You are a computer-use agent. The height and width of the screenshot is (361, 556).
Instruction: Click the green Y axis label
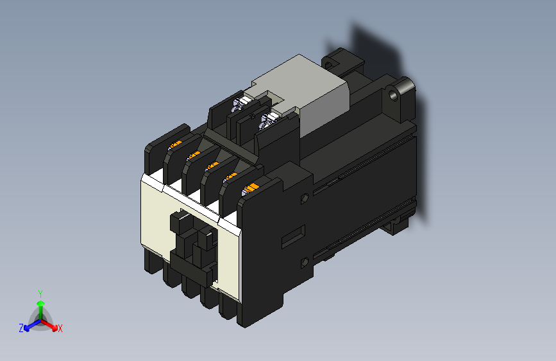[x=40, y=293]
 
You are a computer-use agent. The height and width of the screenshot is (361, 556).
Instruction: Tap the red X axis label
[x=60, y=329]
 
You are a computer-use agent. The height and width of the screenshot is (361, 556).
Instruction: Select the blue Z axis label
[x=21, y=328]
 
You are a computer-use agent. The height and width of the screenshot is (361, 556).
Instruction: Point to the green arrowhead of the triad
[x=40, y=302]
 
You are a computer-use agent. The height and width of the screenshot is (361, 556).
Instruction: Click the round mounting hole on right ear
[x=394, y=94]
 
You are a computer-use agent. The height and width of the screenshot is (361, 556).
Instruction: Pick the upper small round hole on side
[x=304, y=199]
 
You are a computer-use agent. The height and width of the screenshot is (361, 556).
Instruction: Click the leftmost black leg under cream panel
[x=152, y=260]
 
